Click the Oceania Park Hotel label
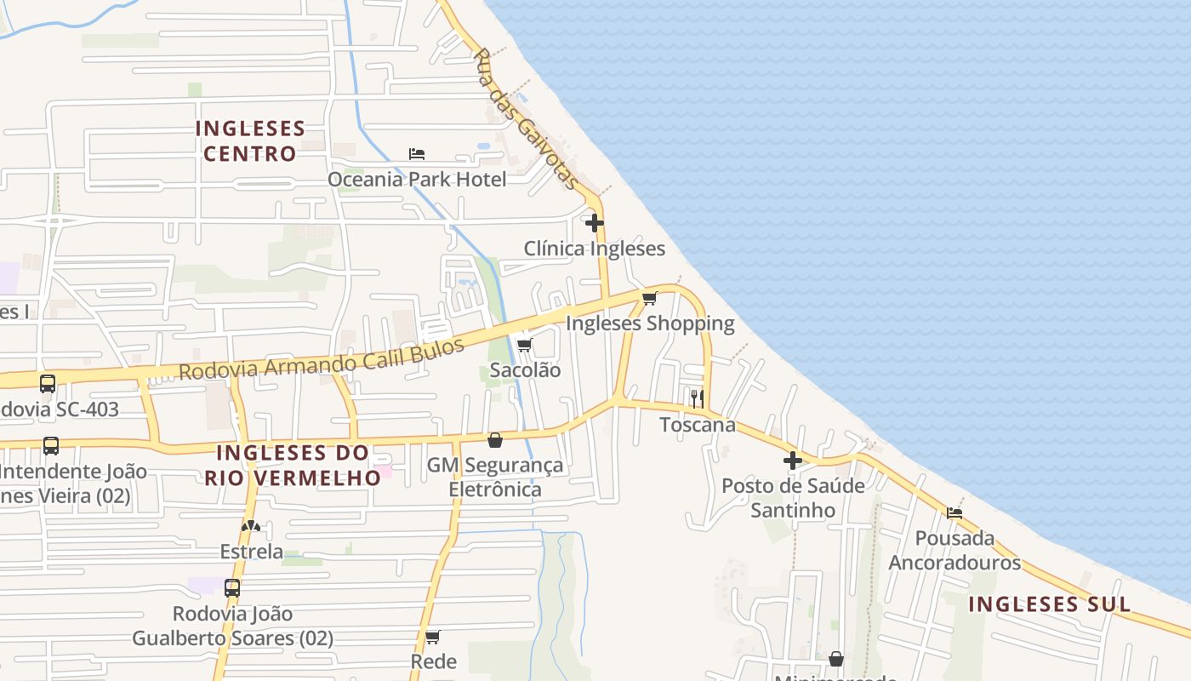pos(417,180)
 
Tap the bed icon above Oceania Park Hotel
pos(417,154)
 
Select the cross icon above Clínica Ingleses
pos(595,223)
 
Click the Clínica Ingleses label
pos(594,249)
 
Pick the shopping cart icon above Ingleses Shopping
pos(650,298)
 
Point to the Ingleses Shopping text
pos(650,323)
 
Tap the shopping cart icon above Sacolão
pos(525,345)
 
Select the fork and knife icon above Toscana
pos(698,398)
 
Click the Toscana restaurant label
pos(698,424)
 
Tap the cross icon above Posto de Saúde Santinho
pos(793,461)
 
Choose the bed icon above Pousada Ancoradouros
pos(955,512)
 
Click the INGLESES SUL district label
pos(1050,604)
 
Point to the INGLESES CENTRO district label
pos(250,141)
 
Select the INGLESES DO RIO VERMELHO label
pos(292,465)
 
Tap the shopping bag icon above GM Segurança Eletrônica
pos(495,440)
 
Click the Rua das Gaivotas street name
pos(525,119)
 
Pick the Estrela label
pos(251,552)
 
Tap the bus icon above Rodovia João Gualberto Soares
pos(231,587)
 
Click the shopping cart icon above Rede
pos(433,637)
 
